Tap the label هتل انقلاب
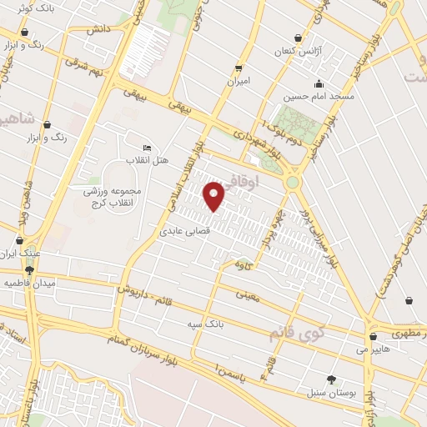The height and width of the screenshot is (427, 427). coord(148,159)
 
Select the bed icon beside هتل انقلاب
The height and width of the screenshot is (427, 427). coord(148,147)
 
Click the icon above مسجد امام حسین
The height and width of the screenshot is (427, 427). coord(318,83)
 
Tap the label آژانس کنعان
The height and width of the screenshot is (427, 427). coord(298,51)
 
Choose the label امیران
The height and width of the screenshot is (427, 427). coord(239,82)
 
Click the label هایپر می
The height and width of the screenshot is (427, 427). coord(373,350)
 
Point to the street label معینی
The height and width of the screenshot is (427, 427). coord(249,294)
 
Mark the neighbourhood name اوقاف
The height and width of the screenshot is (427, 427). coord(266,178)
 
